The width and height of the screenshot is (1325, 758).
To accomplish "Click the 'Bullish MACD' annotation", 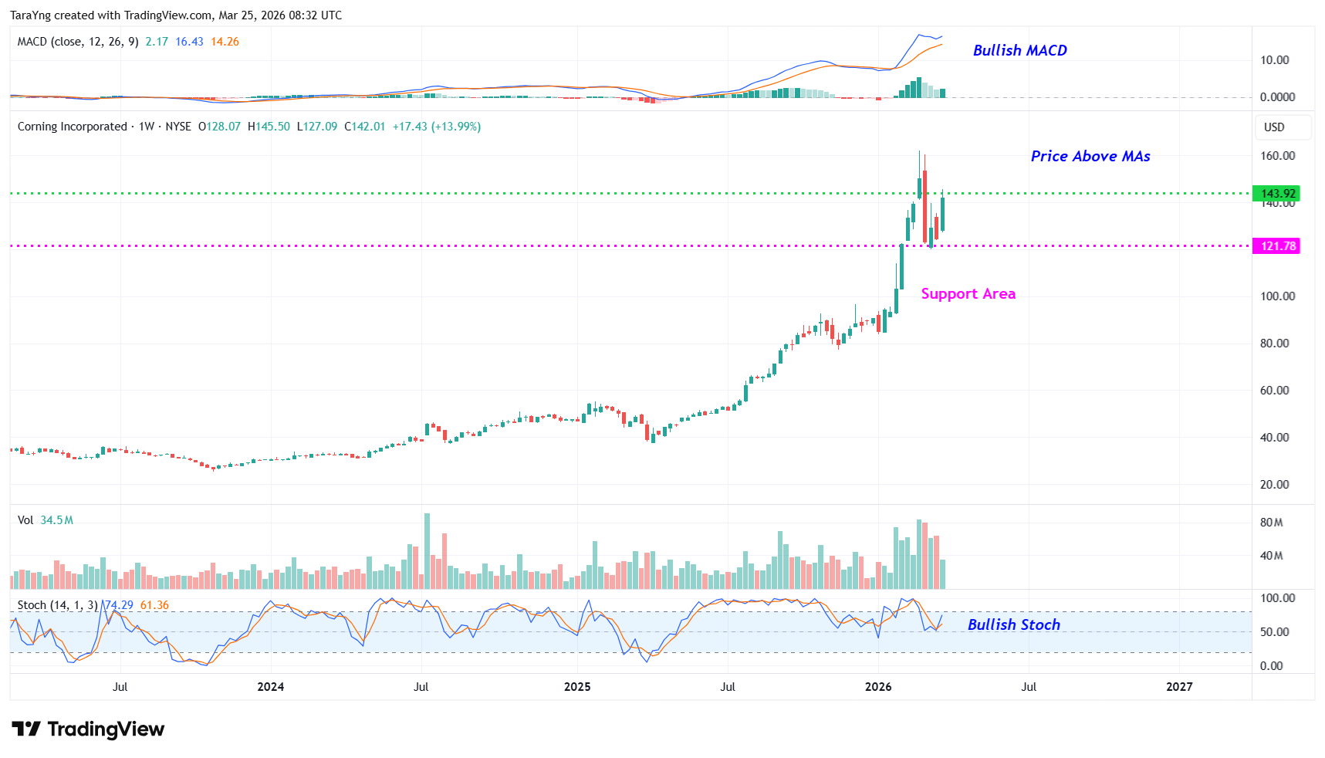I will coord(1019,50).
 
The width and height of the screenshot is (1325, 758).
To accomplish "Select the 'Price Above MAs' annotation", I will coord(1090,156).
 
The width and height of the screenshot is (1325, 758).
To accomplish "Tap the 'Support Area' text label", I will coord(968,293).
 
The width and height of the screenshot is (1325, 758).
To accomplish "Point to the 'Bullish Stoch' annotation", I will coord(1013,624).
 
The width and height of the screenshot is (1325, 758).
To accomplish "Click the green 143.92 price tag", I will coord(1278,194).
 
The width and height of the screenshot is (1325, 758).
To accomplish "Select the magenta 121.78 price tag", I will coord(1278,246).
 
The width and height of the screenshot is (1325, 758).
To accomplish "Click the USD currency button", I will coord(1274,127).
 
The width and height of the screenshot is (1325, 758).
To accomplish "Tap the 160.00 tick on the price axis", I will coord(1277,156).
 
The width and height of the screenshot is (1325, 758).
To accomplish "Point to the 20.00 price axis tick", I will coord(1274,485).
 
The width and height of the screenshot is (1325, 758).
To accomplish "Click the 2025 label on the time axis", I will coord(577,686).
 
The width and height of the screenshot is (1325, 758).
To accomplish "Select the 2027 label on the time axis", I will coord(1178,686).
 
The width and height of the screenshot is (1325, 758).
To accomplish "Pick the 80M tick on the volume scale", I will coord(1271,523).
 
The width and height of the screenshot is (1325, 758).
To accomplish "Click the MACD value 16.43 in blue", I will coord(189,42).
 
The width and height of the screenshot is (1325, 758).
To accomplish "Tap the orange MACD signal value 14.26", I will coord(225,42).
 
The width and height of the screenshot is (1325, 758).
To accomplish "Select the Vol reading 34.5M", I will coord(56,520).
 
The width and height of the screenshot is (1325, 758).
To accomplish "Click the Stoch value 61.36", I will coord(154,605).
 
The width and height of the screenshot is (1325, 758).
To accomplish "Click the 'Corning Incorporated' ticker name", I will coord(72,127).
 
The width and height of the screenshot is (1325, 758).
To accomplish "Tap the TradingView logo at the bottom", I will coord(88,729).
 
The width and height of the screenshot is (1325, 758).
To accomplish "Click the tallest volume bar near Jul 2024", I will coord(427,551).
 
